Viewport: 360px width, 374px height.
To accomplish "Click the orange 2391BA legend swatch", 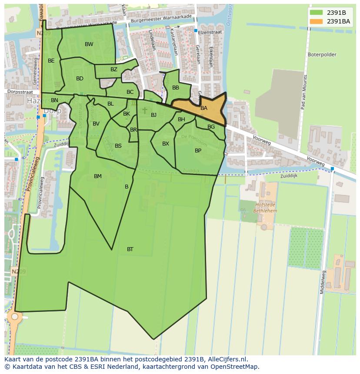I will pos(317,21).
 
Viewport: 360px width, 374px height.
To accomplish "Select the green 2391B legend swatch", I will pos(317,13).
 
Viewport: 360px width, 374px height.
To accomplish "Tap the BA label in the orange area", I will pos(204,108).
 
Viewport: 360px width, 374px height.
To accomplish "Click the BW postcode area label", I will pos(89,44).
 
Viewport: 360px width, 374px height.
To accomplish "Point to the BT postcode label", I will pos(130,249).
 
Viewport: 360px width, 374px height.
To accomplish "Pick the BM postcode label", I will pos(98,176).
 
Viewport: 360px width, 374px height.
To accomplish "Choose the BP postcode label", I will pos(198,151).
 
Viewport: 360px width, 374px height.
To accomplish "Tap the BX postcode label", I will pos(166,144).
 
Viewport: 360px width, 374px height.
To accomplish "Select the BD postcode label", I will pos(80,79).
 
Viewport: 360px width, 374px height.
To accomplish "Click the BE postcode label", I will pos(51,61).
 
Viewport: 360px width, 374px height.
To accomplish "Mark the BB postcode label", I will pos(176,88).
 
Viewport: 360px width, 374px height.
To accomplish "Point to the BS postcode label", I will pos(118,146).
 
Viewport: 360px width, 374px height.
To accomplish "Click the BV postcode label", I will pos(96,124).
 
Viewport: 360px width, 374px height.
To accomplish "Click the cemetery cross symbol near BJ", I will pos(145,111).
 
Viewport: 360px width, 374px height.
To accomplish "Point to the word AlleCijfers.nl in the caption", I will pos(226,359).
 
